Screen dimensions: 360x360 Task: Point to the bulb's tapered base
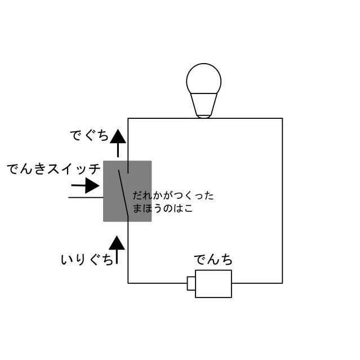(x=203, y=104)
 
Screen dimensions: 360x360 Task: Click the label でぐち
(x=90, y=136)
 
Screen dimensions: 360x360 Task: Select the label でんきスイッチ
(x=54, y=168)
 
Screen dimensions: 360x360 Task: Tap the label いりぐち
(x=87, y=260)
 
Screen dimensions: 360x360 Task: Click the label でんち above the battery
(x=213, y=260)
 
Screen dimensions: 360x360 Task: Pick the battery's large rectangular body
(x=213, y=283)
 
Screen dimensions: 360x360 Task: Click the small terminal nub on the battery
(x=190, y=283)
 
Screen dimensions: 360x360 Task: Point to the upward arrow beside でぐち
(x=117, y=143)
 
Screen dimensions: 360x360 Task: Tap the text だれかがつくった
(x=174, y=196)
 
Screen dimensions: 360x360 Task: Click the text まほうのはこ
(x=163, y=208)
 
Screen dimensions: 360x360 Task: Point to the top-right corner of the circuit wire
(x=282, y=118)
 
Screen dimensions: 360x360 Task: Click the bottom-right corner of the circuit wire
(x=282, y=283)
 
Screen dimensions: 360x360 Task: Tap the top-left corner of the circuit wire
(x=128, y=118)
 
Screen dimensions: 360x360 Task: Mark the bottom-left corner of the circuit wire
(x=128, y=283)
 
